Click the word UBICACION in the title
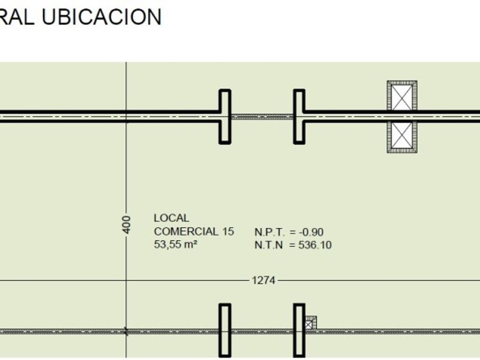pyautogui.click(x=101, y=17)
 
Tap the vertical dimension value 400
pyautogui.click(x=126, y=225)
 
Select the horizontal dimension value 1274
pyautogui.click(x=263, y=281)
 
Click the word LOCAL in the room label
pyautogui.click(x=171, y=218)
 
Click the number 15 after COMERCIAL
pyautogui.click(x=228, y=231)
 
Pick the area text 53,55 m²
pyautogui.click(x=175, y=245)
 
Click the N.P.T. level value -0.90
pyautogui.click(x=311, y=232)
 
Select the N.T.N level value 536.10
pyautogui.click(x=315, y=245)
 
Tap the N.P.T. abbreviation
pyautogui.click(x=269, y=232)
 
